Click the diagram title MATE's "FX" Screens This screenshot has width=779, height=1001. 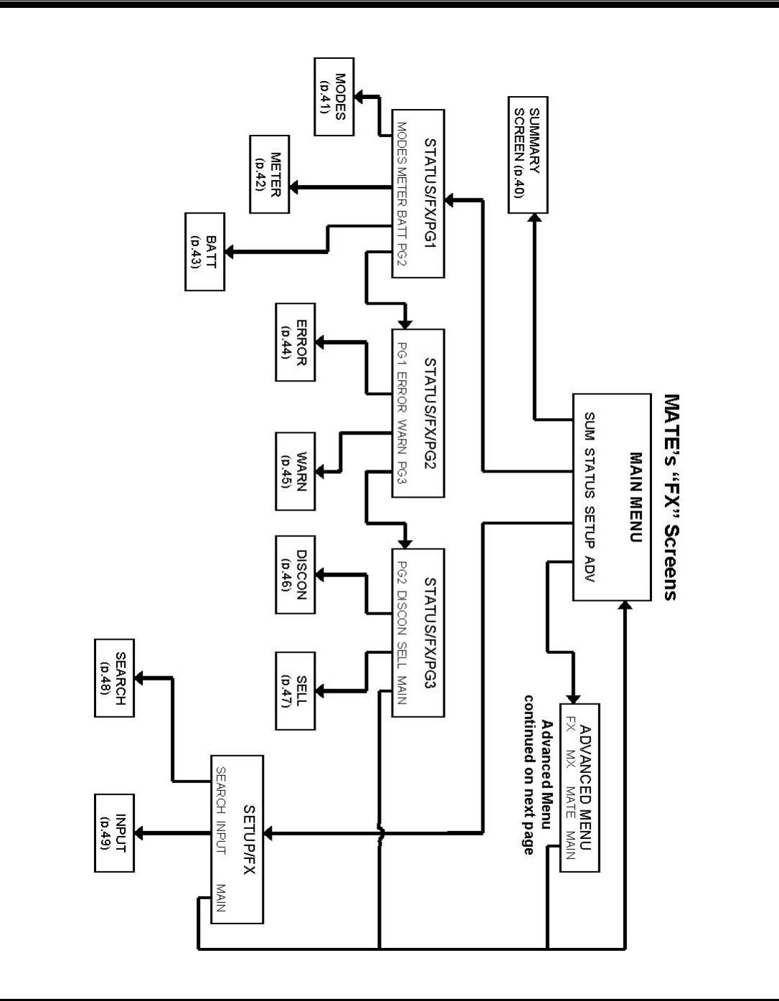point(670,495)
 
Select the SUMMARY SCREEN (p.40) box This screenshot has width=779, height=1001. point(528,155)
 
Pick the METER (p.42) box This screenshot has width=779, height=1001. point(270,174)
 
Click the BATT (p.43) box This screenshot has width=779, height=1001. point(204,251)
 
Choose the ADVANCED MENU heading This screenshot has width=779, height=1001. point(586,787)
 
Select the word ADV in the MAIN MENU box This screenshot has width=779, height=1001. point(590,567)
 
